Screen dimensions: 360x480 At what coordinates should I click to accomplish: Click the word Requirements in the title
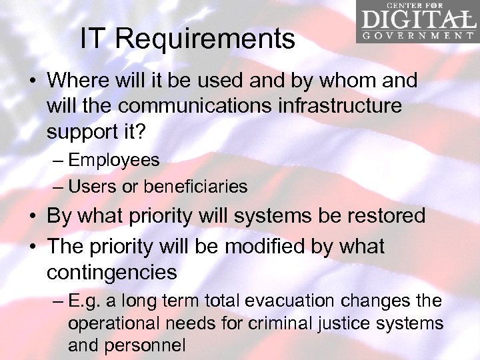point(205,39)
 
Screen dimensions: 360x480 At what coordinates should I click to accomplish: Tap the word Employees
point(114,160)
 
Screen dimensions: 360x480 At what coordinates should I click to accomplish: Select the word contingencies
point(112,272)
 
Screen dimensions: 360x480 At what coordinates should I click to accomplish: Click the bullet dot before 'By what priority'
point(32,217)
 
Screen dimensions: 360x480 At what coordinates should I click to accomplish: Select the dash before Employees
point(57,161)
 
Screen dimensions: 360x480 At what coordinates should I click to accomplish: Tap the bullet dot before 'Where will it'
point(32,82)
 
